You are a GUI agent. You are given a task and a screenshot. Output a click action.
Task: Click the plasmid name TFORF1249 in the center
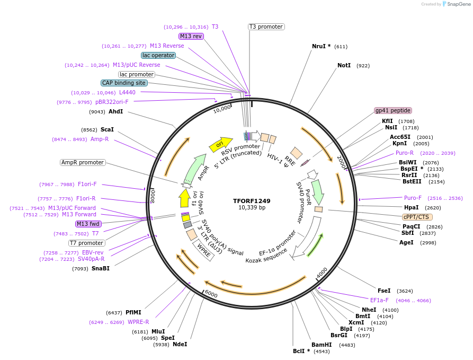[x=252, y=201]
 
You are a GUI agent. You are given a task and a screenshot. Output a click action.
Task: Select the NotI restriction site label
[x=344, y=66]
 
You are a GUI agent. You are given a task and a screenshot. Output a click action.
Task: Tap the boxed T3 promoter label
[x=266, y=27]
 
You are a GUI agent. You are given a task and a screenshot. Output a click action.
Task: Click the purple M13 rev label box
[x=191, y=36]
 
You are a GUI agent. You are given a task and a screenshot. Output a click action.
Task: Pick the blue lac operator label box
[x=158, y=55]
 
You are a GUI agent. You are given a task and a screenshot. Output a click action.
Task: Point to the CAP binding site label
[x=124, y=83]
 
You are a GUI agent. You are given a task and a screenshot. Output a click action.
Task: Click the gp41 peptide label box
[x=392, y=110]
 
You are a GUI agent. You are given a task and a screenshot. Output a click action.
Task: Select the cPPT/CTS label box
[x=417, y=217]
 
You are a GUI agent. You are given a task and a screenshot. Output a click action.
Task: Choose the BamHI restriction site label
[x=321, y=345]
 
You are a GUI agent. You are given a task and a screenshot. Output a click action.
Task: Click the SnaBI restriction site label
[x=100, y=269]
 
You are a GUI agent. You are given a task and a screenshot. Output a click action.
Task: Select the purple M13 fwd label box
[x=88, y=224]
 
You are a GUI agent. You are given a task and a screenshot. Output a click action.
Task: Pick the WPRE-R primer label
[x=138, y=322]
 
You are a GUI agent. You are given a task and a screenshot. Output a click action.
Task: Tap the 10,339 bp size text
[x=252, y=208]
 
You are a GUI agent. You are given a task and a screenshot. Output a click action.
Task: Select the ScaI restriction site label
[x=107, y=129]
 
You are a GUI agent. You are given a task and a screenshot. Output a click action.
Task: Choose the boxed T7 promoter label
[x=86, y=243]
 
